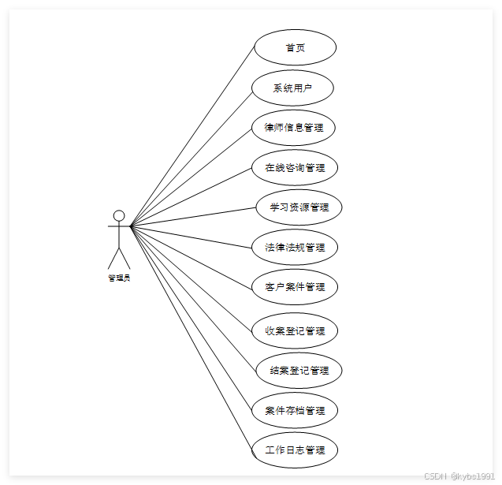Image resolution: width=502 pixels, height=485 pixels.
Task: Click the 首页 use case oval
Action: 295,47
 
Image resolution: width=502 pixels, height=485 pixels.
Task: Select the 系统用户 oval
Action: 292,88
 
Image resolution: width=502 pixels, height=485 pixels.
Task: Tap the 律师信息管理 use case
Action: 293,128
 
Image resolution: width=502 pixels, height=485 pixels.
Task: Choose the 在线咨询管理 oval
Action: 295,167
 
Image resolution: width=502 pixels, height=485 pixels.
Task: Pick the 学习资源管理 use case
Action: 299,207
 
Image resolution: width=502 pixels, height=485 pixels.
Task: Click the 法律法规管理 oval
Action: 295,247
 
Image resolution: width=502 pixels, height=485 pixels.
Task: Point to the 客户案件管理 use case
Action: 295,287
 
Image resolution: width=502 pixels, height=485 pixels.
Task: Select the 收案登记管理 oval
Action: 295,330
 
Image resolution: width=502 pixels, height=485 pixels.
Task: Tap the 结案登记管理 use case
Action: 299,370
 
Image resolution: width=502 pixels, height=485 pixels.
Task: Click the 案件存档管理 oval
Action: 295,410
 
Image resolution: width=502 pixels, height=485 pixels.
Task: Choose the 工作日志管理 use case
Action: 295,450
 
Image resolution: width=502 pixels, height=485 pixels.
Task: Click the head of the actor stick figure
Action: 119,216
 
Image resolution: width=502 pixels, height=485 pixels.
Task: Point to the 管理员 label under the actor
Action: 119,278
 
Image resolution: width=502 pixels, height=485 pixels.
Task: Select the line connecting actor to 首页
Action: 193,136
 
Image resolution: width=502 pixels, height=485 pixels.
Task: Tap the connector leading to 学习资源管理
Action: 193,217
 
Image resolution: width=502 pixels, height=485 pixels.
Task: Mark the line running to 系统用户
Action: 192,157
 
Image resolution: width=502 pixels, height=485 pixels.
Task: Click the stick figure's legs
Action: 119,257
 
